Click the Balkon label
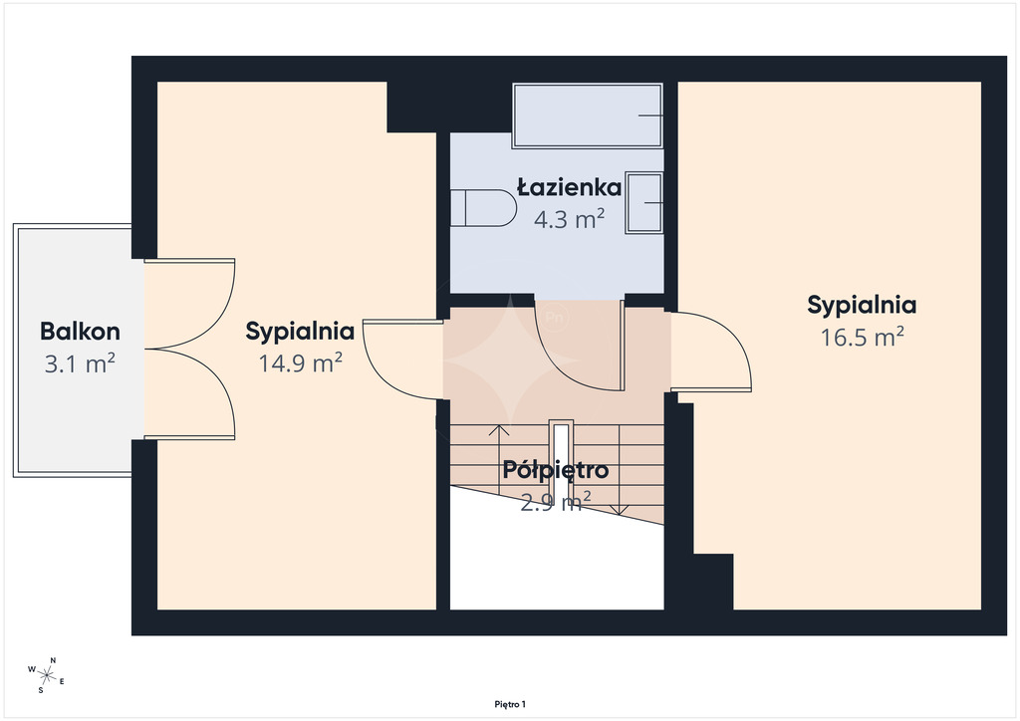click(80, 331)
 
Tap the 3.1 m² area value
click(80, 363)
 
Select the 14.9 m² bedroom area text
click(300, 362)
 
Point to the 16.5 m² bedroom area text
click(862, 337)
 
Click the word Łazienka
click(569, 187)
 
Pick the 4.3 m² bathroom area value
click(569, 219)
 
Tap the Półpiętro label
click(556, 470)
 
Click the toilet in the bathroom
click(483, 208)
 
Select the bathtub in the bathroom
click(588, 116)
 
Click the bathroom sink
click(644, 203)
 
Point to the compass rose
click(46, 674)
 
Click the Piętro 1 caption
click(510, 704)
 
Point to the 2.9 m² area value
click(556, 501)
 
